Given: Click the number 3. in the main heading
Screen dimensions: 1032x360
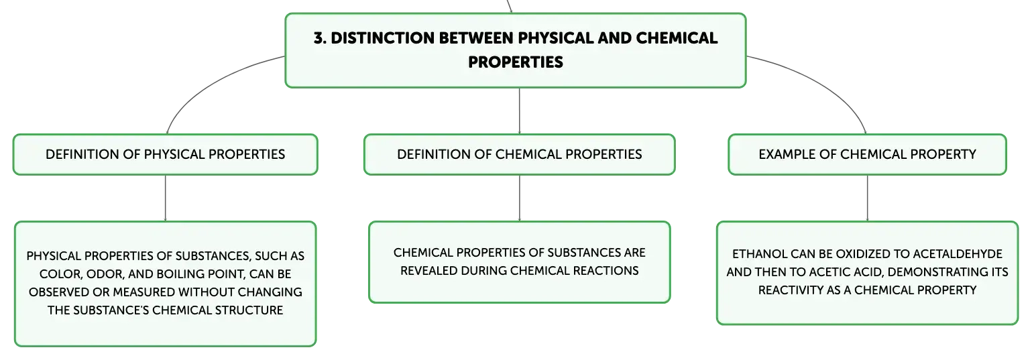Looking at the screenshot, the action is [x=321, y=38].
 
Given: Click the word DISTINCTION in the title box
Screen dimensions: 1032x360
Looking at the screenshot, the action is [x=383, y=38].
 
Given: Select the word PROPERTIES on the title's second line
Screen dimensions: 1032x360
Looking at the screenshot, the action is [x=516, y=62].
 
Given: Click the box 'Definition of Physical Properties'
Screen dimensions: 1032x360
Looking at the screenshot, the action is [x=166, y=155].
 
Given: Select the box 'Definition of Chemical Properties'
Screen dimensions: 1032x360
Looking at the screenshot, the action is [x=520, y=155].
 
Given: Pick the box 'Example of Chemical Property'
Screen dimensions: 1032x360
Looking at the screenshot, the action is [x=868, y=155].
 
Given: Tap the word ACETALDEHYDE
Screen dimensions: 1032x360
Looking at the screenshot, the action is [x=958, y=254].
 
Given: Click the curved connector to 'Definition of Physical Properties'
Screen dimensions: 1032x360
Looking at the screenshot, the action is [x=207, y=83].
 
